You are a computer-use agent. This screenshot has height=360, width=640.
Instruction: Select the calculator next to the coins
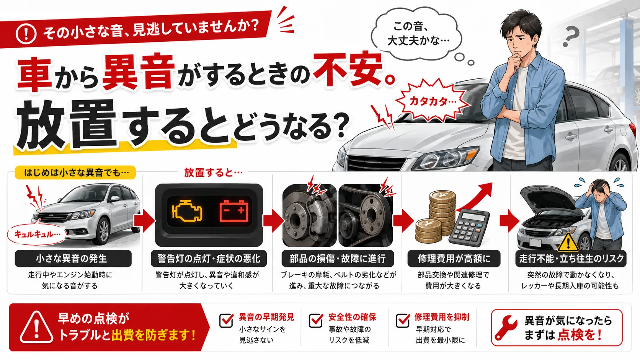469,228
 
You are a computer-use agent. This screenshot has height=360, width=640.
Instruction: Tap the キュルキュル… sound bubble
37,235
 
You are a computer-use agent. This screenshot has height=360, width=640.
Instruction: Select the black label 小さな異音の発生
73,258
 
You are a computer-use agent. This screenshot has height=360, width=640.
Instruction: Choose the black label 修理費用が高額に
454,258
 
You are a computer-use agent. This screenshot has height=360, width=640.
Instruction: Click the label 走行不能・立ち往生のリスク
571,258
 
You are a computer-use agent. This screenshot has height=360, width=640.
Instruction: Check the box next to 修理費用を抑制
403,320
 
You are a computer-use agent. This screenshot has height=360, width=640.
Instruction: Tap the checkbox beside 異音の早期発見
226,320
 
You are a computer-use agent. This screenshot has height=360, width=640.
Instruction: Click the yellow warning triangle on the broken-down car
568,243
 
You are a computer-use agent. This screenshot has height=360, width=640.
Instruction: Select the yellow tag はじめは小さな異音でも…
75,173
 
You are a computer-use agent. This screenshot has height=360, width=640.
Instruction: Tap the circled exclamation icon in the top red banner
26,34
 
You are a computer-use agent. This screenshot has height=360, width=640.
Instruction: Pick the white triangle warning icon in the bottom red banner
36,327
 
